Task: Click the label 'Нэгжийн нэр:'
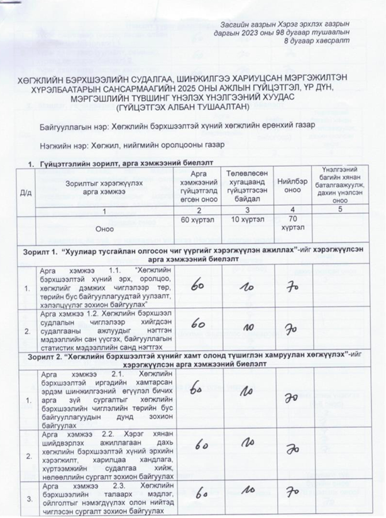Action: click(64, 146)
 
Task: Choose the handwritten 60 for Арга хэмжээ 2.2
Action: click(201, 448)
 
